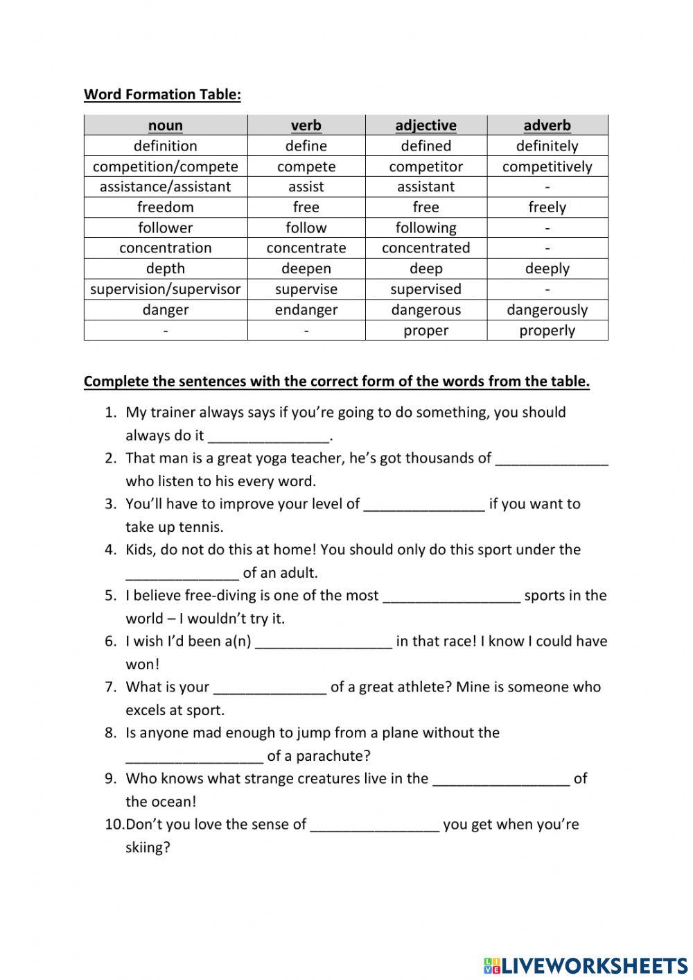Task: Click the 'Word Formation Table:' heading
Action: click(162, 94)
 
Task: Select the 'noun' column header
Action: click(166, 126)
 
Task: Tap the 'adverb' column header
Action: click(547, 126)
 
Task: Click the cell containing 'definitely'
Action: click(547, 146)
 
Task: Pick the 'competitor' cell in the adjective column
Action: click(426, 166)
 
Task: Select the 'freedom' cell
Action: click(166, 207)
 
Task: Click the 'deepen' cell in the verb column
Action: click(306, 268)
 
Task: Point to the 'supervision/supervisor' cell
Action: click(166, 289)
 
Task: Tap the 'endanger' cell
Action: click(306, 310)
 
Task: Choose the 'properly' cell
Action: click(547, 330)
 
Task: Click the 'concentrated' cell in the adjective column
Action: click(426, 248)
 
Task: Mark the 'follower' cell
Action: click(166, 227)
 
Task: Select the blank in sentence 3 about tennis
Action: click(423, 505)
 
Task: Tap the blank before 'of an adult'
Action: click(182, 574)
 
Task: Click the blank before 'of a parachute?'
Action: click(194, 757)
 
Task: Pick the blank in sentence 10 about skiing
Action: click(374, 825)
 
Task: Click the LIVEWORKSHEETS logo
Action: click(585, 965)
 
